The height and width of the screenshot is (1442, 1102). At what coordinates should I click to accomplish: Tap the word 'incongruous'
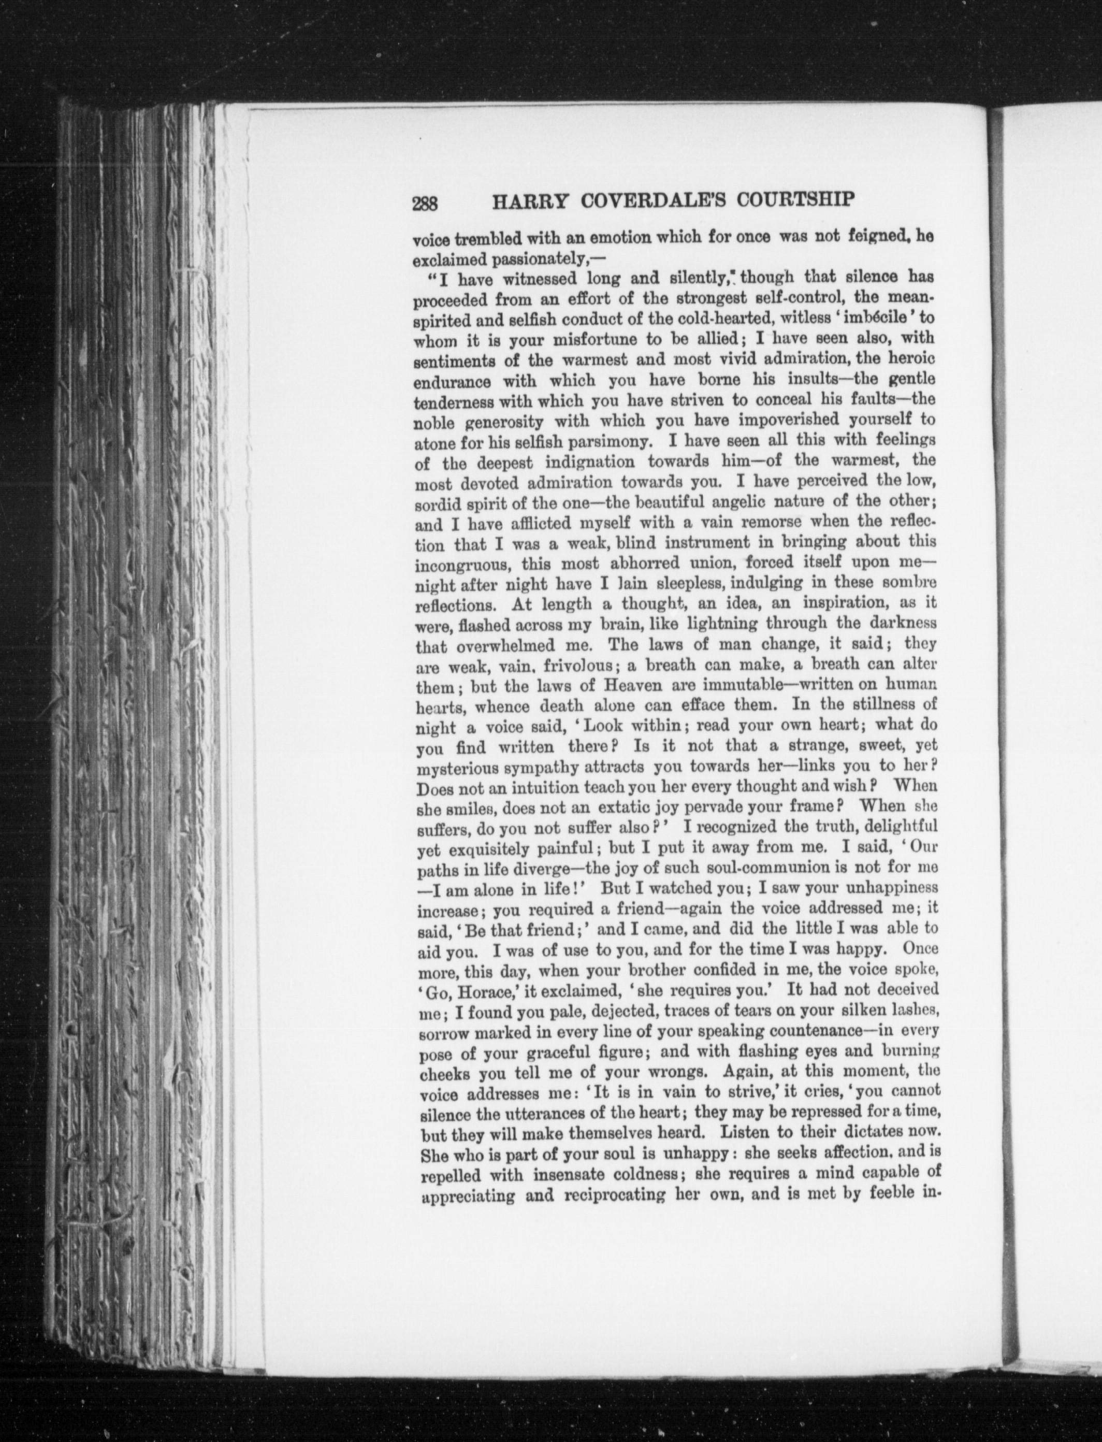tap(455, 564)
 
